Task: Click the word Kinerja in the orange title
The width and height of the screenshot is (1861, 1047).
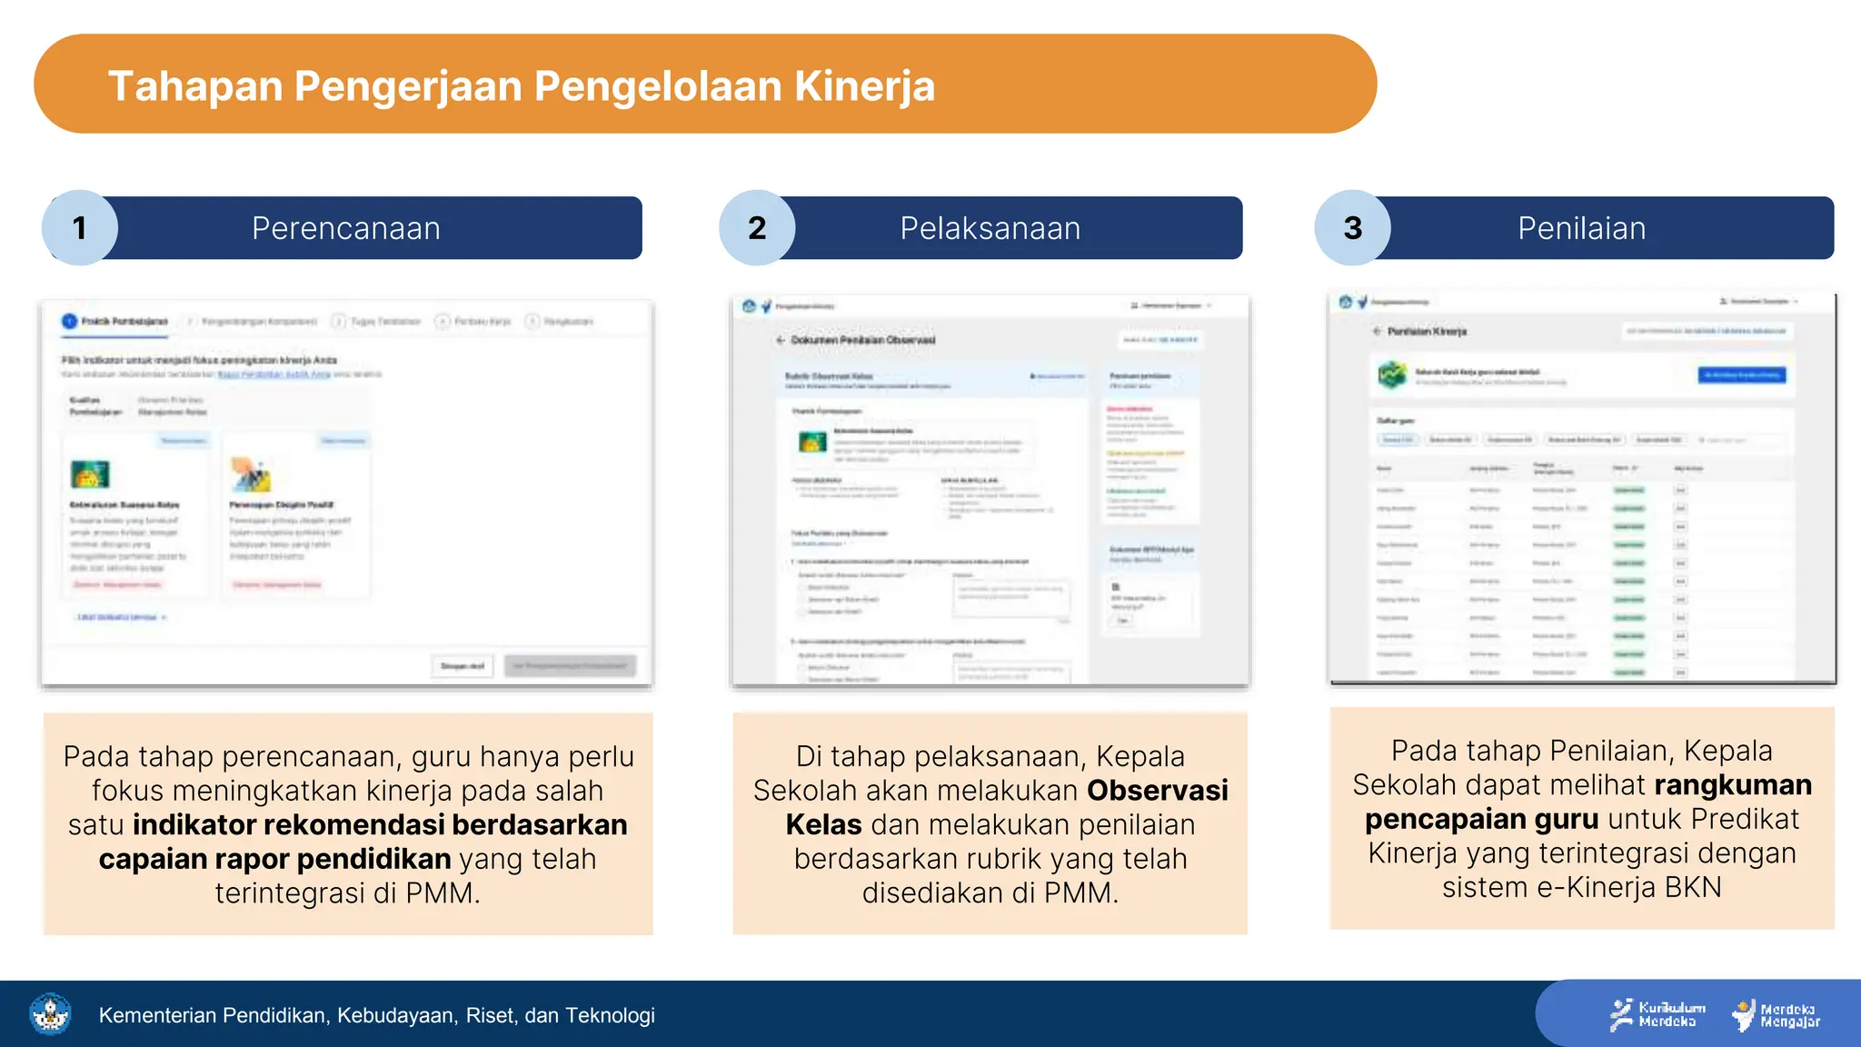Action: (x=864, y=86)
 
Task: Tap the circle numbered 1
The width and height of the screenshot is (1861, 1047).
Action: (x=80, y=228)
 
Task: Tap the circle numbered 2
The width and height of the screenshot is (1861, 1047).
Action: (x=757, y=228)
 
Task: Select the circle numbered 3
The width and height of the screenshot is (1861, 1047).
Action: (x=1352, y=228)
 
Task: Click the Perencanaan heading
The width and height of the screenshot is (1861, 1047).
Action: (x=345, y=228)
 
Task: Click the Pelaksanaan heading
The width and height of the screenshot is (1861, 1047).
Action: (x=990, y=228)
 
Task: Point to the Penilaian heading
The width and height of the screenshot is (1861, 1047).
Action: (x=1581, y=228)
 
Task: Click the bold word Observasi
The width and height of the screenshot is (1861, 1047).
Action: (x=1157, y=791)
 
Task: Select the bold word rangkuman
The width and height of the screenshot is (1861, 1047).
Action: (x=1732, y=785)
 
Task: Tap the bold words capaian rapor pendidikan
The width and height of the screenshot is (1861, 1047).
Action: (x=274, y=859)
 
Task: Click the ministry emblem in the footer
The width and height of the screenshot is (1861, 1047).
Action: (x=51, y=1014)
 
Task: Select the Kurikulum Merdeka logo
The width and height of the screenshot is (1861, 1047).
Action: (x=1657, y=1014)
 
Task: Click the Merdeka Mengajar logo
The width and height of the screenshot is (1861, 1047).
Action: (x=1776, y=1014)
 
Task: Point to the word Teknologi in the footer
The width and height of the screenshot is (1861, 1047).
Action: (x=610, y=1015)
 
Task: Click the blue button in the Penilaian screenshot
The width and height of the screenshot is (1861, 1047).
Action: (x=1741, y=374)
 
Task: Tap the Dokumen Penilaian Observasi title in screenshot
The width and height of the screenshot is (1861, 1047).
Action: (x=862, y=340)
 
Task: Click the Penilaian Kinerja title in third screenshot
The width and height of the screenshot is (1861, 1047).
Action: (x=1427, y=332)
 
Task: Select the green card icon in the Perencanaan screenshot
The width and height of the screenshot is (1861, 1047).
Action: (x=90, y=474)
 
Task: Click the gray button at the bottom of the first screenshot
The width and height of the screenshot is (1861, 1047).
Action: (x=571, y=665)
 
